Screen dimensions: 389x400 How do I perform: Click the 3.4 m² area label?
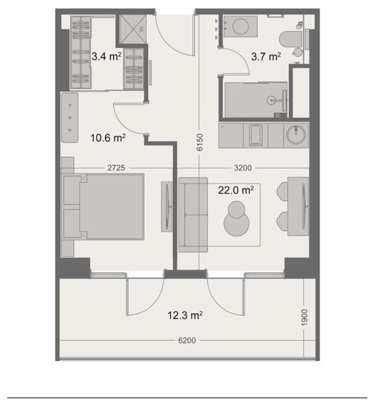[107, 57]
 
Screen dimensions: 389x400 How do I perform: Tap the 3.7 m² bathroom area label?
[266, 57]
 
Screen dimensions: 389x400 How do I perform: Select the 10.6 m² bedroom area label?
[108, 138]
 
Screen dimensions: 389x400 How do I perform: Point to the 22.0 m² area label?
[236, 191]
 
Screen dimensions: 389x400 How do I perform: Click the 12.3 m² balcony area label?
[185, 315]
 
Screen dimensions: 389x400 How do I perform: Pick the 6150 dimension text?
[200, 142]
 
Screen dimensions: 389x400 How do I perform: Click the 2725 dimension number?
[116, 168]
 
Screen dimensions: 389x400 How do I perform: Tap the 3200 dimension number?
[243, 168]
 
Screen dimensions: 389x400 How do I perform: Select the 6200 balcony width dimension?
[187, 340]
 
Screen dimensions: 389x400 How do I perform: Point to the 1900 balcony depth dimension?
[305, 317]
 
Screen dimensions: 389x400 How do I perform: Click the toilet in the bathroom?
[291, 40]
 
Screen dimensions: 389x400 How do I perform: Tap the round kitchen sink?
[295, 134]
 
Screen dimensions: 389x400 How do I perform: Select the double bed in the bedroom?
[103, 206]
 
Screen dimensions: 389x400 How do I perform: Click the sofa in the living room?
[193, 215]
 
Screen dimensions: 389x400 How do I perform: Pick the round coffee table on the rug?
[236, 219]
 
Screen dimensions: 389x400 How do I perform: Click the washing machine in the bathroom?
[240, 26]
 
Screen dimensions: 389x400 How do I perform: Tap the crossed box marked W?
[133, 29]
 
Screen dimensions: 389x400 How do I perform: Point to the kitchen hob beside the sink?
[255, 135]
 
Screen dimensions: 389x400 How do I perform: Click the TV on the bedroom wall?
[167, 207]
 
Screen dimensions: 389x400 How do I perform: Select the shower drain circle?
[271, 100]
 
